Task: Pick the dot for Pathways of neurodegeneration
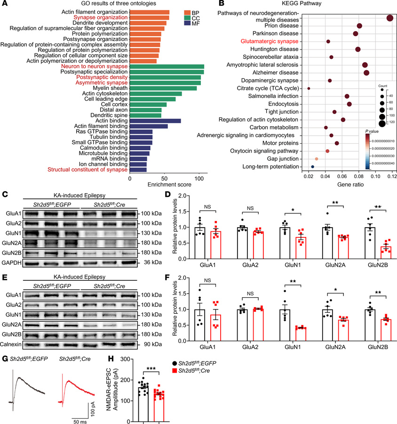389,18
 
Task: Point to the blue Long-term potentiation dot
312,167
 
